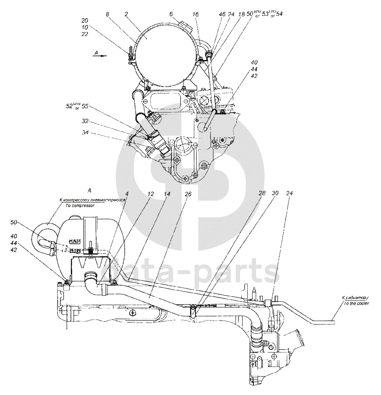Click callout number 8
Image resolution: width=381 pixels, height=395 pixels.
[108, 14]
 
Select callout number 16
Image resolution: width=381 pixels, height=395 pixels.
[196, 14]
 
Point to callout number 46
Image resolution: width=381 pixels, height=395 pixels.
[222, 14]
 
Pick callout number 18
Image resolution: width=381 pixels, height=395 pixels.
[241, 14]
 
